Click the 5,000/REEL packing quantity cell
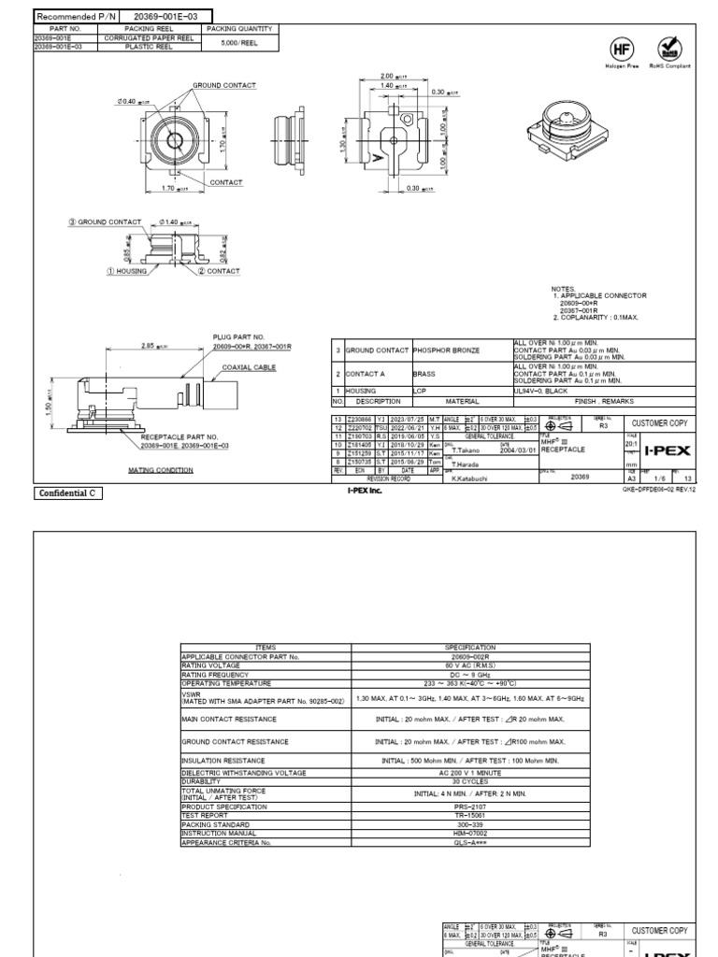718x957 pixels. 240,42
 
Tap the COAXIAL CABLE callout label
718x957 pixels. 250,368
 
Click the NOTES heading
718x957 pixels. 564,289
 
